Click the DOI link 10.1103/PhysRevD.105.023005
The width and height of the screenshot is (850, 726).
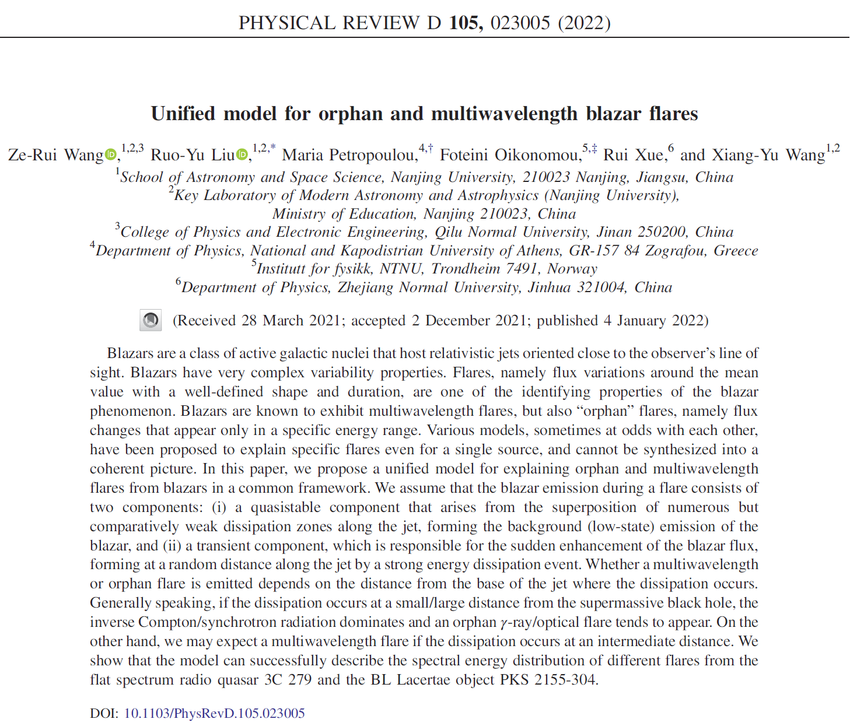pos(214,713)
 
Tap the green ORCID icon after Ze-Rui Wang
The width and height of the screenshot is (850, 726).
pos(110,155)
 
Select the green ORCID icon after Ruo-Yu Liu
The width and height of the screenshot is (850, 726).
pos(242,155)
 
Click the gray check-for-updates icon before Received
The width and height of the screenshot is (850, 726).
pos(151,320)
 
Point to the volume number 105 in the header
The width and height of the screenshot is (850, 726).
pos(466,23)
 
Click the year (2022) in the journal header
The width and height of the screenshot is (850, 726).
pos(584,23)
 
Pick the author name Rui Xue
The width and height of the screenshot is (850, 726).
pos(634,155)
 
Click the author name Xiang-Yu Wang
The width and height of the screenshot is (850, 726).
pos(753,155)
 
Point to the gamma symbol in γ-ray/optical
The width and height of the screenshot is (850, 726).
pos(503,623)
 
